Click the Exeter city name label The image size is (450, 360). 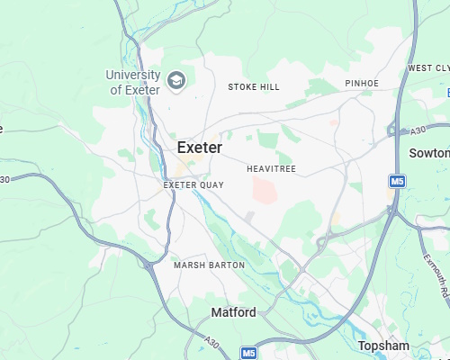click(200, 147)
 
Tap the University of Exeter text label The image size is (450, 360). click(132, 82)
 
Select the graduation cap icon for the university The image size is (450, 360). click(176, 81)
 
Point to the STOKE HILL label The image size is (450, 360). click(254, 87)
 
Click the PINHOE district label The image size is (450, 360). click(362, 84)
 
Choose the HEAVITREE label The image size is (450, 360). click(271, 168)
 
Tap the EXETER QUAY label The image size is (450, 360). click(193, 184)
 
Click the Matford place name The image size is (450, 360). click(233, 312)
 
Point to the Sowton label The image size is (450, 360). click(429, 153)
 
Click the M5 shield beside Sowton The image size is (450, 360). click(396, 182)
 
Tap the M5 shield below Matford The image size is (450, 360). click(248, 353)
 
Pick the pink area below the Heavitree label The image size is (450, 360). click(265, 190)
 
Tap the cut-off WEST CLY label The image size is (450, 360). click(428, 67)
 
